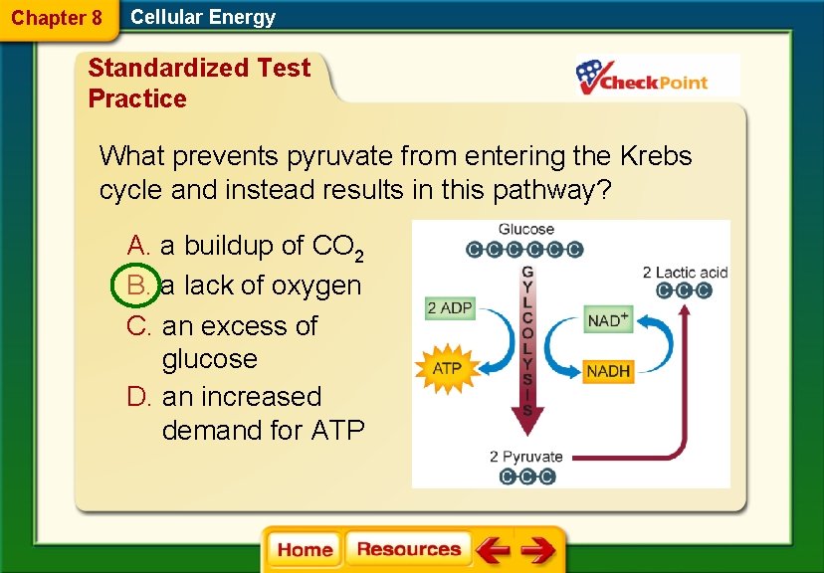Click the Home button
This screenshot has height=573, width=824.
[305, 550]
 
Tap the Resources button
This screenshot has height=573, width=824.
[408, 550]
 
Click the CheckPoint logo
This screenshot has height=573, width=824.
[657, 77]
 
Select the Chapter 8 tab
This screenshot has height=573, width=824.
[57, 18]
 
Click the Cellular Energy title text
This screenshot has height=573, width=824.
[203, 17]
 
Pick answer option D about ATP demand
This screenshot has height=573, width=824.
[243, 413]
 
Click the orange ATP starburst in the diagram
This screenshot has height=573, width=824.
[447, 368]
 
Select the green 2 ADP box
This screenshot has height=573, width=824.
[450, 308]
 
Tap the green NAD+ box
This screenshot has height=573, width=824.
[607, 320]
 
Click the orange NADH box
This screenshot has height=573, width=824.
[607, 371]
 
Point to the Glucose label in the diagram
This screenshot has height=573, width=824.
[526, 230]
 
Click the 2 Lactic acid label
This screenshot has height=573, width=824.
[685, 272]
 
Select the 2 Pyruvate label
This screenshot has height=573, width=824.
[525, 457]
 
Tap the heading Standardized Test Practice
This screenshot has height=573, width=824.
[199, 83]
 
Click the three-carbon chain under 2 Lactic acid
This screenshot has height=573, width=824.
[685, 290]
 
